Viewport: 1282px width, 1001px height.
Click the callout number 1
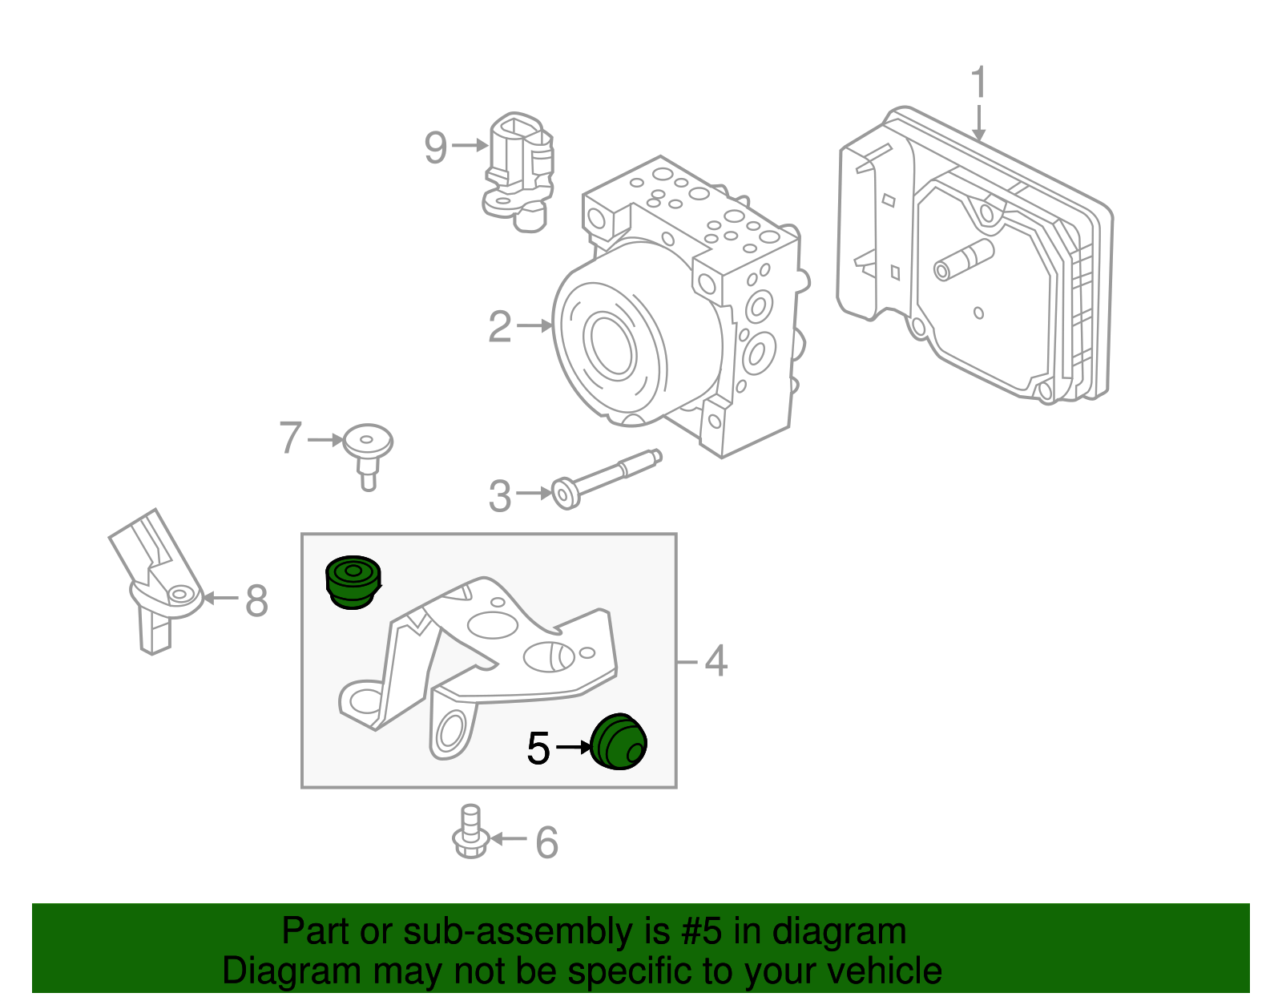coord(978,83)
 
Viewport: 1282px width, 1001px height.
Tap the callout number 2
coord(500,326)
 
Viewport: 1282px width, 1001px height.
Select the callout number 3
coord(500,495)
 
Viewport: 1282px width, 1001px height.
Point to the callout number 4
coord(716,661)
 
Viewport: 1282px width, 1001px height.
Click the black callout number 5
coord(538,749)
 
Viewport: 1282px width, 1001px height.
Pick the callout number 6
coord(546,842)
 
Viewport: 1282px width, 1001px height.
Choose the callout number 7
coord(291,438)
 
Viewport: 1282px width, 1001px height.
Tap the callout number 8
coord(256,599)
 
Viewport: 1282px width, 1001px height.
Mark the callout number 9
coord(435,147)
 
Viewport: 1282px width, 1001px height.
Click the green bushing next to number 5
coord(619,741)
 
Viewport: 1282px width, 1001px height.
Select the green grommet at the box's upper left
coord(353,582)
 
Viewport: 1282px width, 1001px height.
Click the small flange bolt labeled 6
coord(470,833)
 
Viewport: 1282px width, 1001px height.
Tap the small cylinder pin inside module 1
coord(965,260)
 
